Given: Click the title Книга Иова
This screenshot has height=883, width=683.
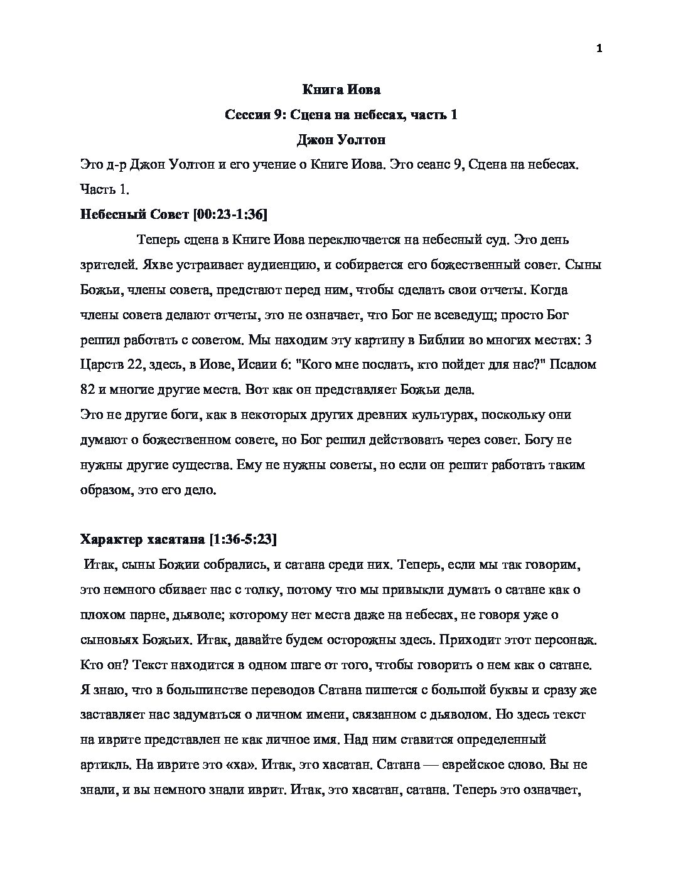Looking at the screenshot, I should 341,90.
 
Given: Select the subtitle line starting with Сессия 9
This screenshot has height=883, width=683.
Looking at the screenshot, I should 341,115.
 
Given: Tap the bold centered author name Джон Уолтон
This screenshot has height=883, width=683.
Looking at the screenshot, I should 341,140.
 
